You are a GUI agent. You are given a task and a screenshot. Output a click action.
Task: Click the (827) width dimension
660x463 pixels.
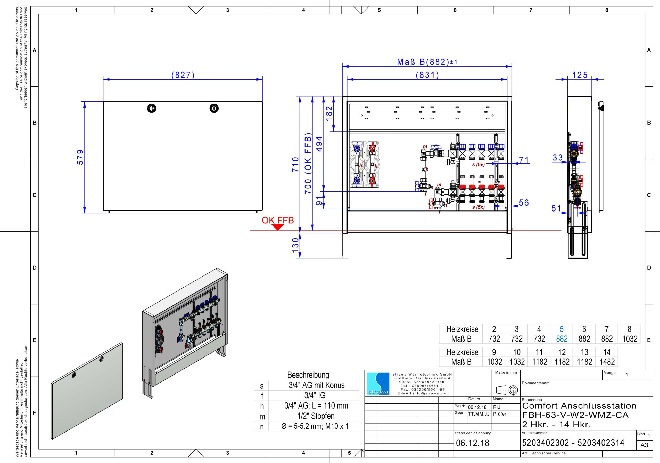point(183,75)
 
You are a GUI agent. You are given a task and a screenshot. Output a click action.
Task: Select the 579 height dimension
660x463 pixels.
point(80,157)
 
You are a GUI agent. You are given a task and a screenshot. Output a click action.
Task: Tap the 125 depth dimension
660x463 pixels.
point(580,75)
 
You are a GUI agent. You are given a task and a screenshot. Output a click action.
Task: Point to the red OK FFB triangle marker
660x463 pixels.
point(278,227)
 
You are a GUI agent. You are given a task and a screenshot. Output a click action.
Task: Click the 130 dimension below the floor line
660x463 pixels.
point(295,245)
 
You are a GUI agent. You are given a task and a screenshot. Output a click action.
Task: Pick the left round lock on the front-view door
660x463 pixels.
point(152,108)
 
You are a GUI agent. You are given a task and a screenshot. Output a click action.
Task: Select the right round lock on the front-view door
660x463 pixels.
point(214,108)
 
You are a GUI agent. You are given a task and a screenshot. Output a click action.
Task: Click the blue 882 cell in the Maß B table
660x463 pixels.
point(562,339)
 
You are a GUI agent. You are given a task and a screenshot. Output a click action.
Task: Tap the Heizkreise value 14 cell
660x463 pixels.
point(607,352)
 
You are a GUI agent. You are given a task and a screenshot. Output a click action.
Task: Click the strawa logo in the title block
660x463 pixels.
point(378,384)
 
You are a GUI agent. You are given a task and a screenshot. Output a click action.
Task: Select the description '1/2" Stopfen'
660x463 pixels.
point(316,416)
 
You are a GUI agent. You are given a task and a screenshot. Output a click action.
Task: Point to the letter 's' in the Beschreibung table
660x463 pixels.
point(262,386)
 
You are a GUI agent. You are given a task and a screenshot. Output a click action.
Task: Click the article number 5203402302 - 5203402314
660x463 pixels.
point(573,443)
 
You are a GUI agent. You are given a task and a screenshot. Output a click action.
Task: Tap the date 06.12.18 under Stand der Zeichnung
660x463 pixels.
point(473,443)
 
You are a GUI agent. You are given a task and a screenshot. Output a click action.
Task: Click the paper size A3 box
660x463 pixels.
point(644,445)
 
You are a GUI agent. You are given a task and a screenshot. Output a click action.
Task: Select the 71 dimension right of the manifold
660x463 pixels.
point(524,160)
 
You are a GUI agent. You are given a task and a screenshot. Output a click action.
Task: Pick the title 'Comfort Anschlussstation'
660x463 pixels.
point(579,406)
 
